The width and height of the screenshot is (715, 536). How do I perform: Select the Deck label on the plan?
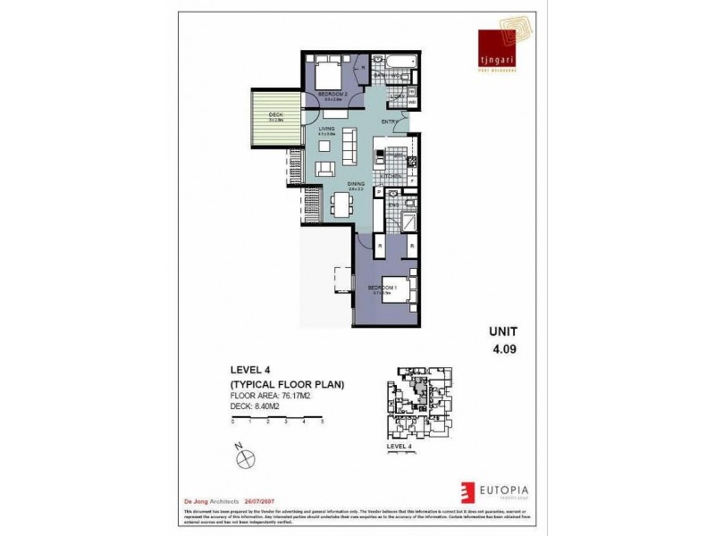click(275, 114)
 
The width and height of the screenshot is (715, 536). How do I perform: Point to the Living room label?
click(326, 130)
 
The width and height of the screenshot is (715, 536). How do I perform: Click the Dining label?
click(355, 184)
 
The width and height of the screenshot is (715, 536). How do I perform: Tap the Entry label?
click(390, 121)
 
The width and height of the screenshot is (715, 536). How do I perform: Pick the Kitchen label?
click(392, 177)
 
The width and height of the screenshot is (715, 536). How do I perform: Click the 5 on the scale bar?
click(322, 420)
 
